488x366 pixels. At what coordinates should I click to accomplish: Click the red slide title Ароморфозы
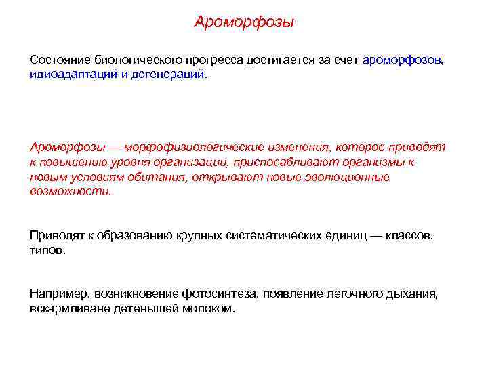tap(244, 23)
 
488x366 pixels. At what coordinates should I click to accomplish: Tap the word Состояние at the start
tap(60, 60)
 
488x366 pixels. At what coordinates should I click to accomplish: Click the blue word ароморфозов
tap(403, 60)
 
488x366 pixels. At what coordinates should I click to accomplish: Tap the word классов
tap(407, 235)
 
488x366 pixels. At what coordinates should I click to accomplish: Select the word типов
tap(47, 250)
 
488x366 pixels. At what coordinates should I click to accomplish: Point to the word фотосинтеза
tap(218, 294)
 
